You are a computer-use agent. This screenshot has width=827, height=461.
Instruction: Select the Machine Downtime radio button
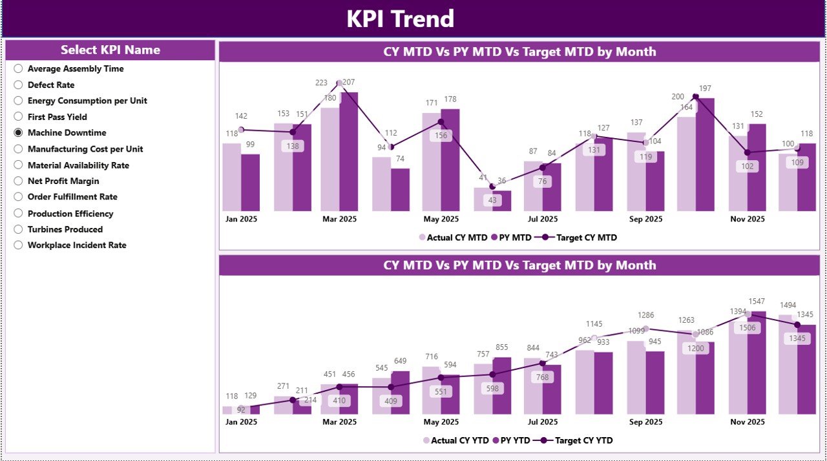18,132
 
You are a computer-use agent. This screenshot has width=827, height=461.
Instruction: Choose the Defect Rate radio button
18,85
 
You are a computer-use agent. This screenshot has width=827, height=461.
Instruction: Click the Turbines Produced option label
65,229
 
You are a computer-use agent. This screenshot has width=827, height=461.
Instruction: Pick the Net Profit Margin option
63,181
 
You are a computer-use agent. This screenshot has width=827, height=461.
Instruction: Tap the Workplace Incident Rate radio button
18,245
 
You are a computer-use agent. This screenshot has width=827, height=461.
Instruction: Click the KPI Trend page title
400,19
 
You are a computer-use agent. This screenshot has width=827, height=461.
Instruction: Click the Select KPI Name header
110,50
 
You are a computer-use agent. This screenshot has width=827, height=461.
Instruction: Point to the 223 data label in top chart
322,83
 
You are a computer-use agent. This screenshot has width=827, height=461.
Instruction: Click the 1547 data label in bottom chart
757,302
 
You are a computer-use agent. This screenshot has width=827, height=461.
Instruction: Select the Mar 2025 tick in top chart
339,219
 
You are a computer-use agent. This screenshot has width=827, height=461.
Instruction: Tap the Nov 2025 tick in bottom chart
747,422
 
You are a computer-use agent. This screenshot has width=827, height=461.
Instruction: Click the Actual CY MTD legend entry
453,238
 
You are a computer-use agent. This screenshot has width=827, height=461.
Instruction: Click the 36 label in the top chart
501,181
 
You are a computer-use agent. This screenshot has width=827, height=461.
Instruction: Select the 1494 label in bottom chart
788,305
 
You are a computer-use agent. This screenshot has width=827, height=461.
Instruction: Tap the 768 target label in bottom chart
543,378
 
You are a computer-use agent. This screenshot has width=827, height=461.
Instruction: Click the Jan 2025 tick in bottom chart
241,422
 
